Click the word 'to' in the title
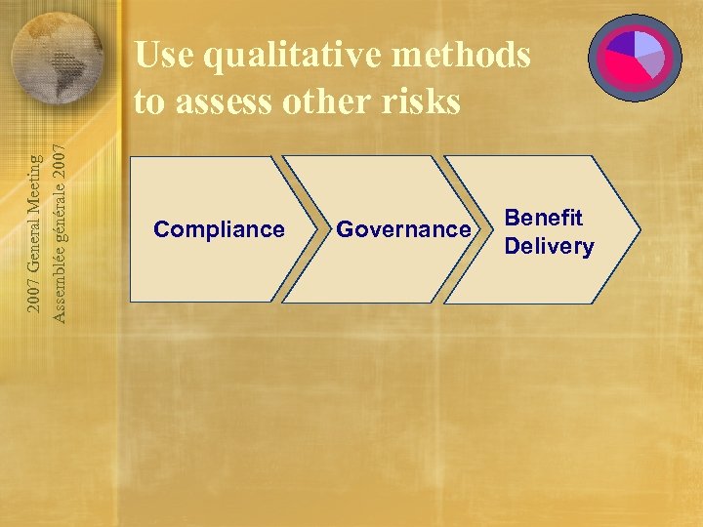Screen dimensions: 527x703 (149, 101)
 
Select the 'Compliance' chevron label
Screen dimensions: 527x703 (219, 229)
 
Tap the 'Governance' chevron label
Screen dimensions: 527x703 (403, 229)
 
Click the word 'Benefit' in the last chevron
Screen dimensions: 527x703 (543, 218)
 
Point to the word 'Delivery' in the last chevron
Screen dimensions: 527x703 (549, 246)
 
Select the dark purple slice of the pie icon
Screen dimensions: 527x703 (621, 44)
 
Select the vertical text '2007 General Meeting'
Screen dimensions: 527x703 (34, 233)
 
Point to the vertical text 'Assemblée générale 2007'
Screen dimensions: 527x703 (60, 233)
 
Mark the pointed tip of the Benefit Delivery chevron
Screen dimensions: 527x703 (640, 229)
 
